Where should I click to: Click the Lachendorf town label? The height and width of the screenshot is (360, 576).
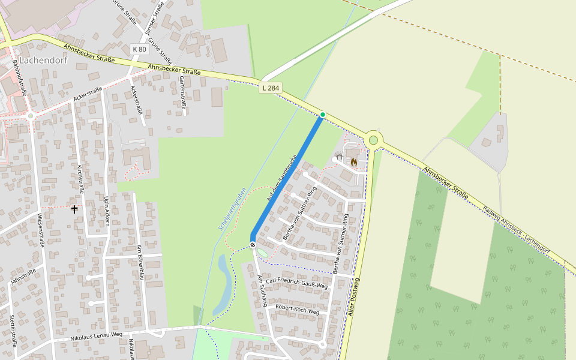[43, 61]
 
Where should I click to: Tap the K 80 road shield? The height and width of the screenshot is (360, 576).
[139, 49]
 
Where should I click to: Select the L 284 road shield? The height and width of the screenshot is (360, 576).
[271, 88]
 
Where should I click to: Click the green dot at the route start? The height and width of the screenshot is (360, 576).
[323, 114]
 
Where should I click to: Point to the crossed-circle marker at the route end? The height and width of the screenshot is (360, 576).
[253, 244]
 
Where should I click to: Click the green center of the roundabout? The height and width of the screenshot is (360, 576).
[374, 140]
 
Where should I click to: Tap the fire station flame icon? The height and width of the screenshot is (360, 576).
[354, 162]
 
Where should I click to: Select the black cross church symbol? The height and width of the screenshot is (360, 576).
[74, 209]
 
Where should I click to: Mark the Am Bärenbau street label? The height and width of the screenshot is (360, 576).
[142, 262]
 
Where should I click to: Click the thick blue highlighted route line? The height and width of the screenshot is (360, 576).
[287, 179]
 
